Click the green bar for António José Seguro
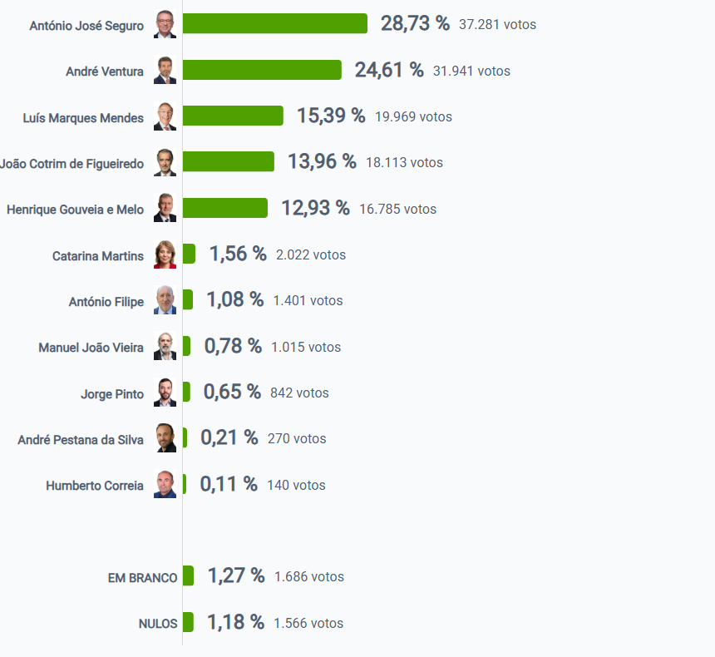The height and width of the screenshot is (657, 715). tap(274, 24)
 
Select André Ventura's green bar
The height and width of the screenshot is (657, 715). tap(262, 71)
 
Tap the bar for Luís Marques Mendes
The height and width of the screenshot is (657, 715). tap(233, 116)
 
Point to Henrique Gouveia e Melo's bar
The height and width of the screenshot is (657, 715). tap(224, 208)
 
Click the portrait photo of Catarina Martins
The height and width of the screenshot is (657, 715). tap(165, 254)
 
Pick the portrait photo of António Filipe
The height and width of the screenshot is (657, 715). tap(165, 300)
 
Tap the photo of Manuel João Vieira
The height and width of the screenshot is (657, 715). tap(165, 347)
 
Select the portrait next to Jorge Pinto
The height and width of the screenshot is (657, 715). tap(165, 393)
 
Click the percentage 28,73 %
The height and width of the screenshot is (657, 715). tap(415, 24)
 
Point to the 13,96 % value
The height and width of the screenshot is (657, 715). tap(322, 162)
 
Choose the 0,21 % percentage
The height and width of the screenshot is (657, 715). tap(229, 438)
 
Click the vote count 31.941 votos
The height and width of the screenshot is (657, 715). tap(471, 72)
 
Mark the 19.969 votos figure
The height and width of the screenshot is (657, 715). tap(413, 117)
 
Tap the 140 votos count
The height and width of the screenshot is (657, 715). tap(296, 485)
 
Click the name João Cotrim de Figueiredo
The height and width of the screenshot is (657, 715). tap(72, 164)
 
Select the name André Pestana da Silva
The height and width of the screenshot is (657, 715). tap(81, 439)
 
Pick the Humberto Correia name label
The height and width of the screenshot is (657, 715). tap(95, 486)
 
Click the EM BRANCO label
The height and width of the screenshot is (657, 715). tap(142, 577)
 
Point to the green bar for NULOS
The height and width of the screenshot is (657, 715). tap(188, 622)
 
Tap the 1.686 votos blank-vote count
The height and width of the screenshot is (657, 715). tap(308, 577)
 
